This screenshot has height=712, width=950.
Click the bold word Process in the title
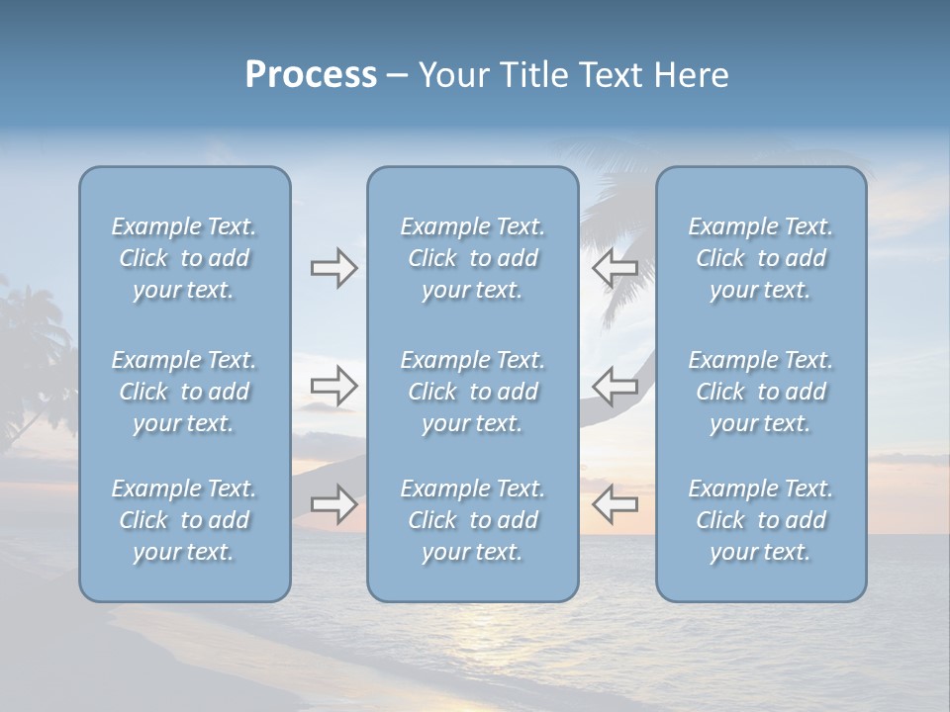tap(311, 75)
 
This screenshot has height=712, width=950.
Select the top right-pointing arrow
tap(333, 268)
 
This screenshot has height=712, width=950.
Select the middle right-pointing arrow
tap(333, 386)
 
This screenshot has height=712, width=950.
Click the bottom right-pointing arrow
tap(333, 504)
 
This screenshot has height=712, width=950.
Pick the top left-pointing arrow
tap(615, 268)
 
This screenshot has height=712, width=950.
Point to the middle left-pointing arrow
tap(615, 386)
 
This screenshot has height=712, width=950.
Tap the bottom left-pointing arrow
tap(615, 504)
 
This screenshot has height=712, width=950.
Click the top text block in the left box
tap(184, 258)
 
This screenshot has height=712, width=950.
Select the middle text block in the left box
tap(184, 392)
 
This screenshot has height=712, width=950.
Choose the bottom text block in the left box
tap(184, 520)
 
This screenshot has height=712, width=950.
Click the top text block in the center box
tap(472, 258)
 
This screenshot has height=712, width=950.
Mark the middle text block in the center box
tap(472, 392)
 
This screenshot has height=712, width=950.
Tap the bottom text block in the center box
tap(472, 520)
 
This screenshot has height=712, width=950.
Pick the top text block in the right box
tap(760, 258)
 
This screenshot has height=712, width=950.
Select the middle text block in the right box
tap(760, 392)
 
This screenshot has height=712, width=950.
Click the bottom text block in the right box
tap(760, 520)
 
